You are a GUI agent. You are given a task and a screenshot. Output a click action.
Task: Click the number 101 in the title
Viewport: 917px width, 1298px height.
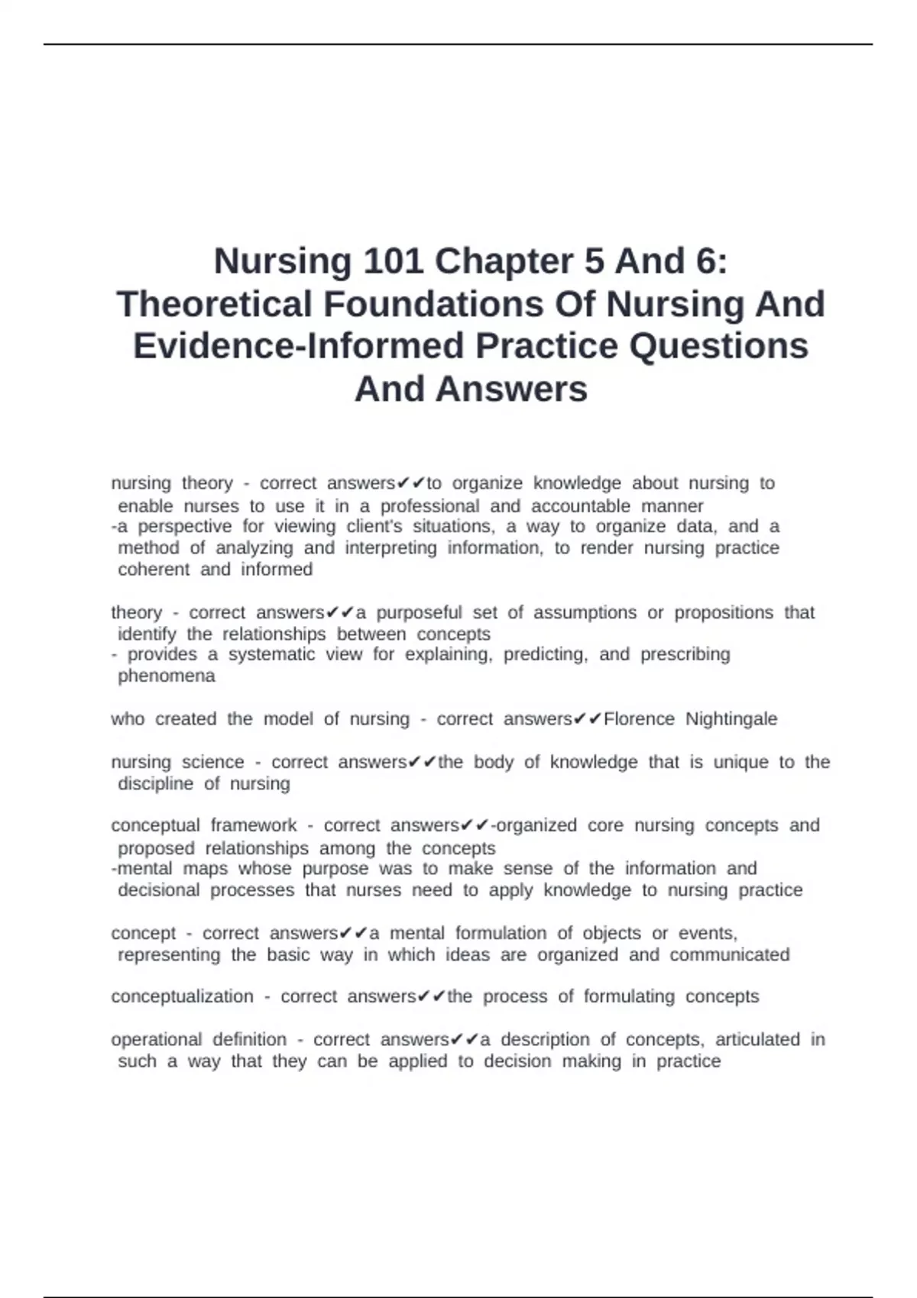pos(393,261)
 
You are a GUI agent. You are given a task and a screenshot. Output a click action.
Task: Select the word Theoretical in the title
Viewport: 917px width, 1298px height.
pos(214,304)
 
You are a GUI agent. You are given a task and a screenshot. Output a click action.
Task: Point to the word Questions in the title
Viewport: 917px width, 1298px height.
pos(719,346)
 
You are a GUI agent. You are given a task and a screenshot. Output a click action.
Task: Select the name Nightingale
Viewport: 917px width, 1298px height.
pos(731,719)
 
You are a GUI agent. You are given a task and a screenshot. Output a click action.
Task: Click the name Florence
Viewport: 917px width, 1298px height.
pos(640,719)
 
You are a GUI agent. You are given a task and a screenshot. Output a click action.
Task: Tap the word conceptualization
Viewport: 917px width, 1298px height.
pos(182,996)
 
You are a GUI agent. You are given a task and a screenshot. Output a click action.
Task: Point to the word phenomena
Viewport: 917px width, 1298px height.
pos(167,676)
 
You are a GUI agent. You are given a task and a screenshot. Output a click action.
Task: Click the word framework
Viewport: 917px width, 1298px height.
pos(254,825)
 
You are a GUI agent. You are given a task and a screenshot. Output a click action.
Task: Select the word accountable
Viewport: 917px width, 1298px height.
pos(581,506)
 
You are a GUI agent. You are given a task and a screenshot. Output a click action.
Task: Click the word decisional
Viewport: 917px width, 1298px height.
pos(158,890)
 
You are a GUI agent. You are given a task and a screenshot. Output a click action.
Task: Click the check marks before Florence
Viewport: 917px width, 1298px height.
pos(587,719)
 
